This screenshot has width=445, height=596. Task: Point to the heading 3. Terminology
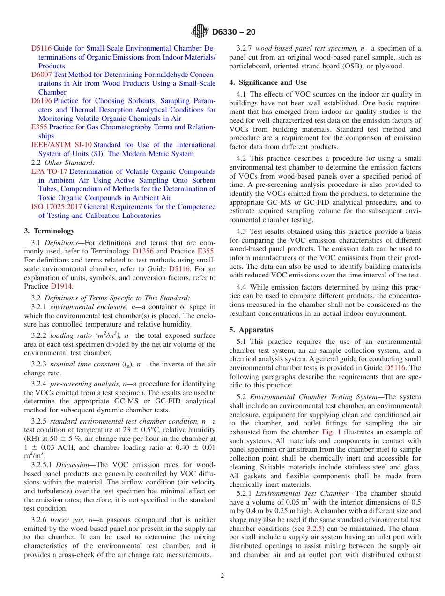49,231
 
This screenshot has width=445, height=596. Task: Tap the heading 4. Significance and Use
268,82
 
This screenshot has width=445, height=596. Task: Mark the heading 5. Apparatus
251,330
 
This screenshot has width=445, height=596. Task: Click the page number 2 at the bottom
222,575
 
